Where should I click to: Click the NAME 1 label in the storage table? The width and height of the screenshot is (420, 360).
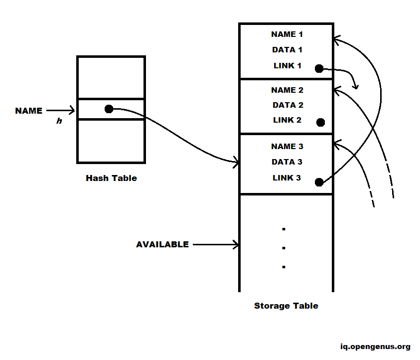click(x=286, y=34)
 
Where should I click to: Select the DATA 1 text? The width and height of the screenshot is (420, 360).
click(x=287, y=50)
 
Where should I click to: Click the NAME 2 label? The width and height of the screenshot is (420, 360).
click(x=287, y=90)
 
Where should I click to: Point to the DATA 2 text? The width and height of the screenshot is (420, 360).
click(x=287, y=105)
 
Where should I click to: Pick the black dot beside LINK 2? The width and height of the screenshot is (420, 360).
click(x=320, y=122)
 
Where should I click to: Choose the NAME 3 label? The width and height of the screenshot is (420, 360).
click(x=287, y=147)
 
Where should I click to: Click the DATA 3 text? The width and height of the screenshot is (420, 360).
click(x=287, y=162)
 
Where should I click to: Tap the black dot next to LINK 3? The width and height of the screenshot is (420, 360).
click(x=319, y=182)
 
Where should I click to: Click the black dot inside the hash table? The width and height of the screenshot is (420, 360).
click(x=109, y=109)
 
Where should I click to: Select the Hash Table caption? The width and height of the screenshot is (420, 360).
click(x=111, y=178)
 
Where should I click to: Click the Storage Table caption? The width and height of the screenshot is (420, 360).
click(x=286, y=306)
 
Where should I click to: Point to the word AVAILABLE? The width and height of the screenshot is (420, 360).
click(x=162, y=245)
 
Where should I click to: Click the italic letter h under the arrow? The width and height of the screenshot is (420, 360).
click(x=59, y=121)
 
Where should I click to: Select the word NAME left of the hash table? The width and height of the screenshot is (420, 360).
click(x=29, y=111)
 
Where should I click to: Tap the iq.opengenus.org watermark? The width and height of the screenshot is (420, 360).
click(x=375, y=347)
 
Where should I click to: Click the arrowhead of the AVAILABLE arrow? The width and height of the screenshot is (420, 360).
click(x=236, y=245)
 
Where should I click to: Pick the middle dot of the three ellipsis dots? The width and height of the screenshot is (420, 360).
click(x=283, y=248)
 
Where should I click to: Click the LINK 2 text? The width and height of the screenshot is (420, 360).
click(x=287, y=120)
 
